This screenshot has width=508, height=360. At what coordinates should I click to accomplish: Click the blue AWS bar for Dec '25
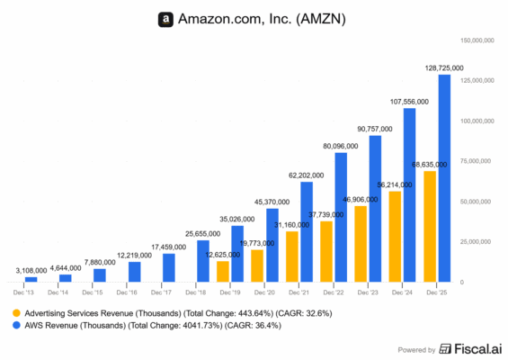coord(444,178)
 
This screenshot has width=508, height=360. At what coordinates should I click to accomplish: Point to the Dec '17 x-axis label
coord(162,292)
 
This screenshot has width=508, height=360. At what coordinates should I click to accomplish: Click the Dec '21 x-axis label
coord(299,292)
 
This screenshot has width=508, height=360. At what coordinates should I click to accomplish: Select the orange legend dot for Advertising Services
coord(17,311)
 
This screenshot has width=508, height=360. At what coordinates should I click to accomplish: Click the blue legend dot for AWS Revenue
coord(17,325)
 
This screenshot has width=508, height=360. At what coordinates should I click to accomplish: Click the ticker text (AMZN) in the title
coord(322,18)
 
